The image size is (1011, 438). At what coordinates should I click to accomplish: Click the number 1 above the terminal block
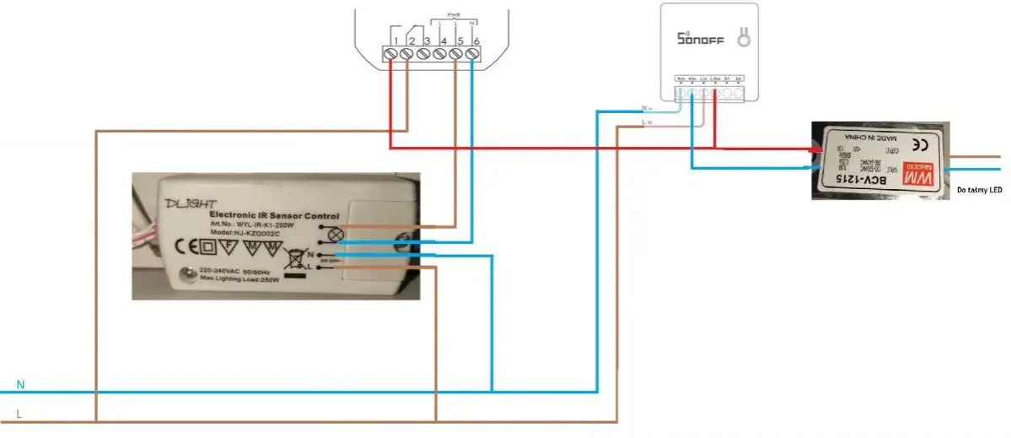pyautogui.click(x=395, y=41)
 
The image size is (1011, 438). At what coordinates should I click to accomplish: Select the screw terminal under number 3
pyautogui.click(x=428, y=54)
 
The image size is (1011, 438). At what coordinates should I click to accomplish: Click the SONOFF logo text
pyautogui.click(x=700, y=39)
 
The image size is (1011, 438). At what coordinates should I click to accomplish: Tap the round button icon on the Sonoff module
pyautogui.click(x=745, y=38)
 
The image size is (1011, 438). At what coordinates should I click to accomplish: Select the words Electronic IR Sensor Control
pyautogui.click(x=274, y=216)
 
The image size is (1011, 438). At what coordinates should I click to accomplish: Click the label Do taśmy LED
pyautogui.click(x=979, y=191)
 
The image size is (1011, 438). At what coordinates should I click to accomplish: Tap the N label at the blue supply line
pyautogui.click(x=21, y=385)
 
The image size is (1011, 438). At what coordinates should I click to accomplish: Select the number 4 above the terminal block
pyautogui.click(x=444, y=41)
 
